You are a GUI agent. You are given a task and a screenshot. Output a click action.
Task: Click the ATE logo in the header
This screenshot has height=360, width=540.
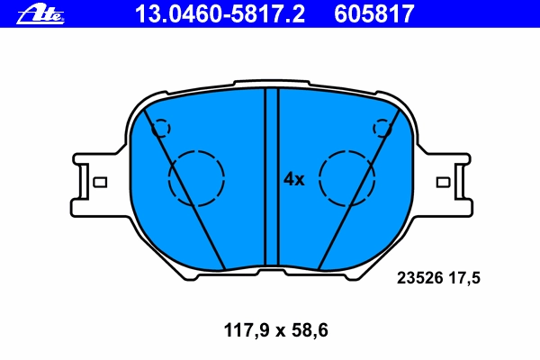40,15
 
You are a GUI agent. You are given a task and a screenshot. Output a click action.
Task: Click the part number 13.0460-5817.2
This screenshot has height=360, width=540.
220,14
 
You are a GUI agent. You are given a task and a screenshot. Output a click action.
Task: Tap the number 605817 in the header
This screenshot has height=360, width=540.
374,14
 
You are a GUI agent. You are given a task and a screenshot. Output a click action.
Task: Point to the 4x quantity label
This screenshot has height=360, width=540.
293,179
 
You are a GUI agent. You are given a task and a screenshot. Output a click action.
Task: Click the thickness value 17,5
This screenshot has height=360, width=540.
463,278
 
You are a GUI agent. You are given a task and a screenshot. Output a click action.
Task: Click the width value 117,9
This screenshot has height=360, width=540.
247,330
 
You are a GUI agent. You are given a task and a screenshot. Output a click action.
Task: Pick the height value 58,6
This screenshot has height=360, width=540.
310,330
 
